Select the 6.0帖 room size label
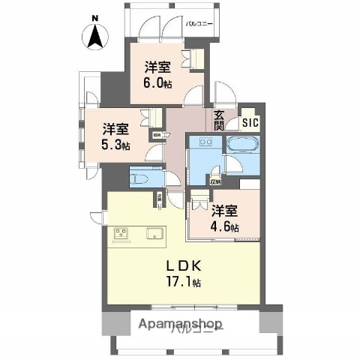158,84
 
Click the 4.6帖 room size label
224,226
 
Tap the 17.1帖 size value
183,283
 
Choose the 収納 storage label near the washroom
216,181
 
